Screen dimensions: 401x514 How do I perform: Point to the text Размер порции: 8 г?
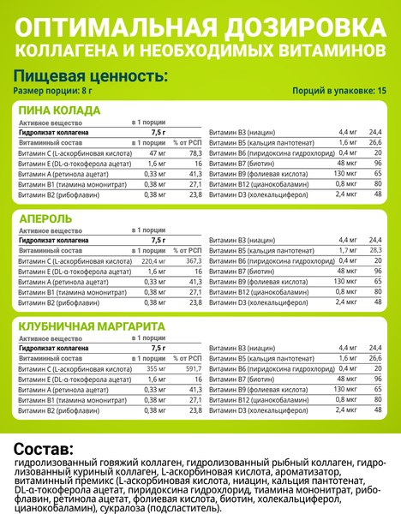point(51,90)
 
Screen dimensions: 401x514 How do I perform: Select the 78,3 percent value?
point(193,152)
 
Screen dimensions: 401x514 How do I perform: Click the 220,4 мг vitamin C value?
point(153,260)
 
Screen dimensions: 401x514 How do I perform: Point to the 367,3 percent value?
point(191,260)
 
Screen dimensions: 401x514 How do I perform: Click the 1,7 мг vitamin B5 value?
point(347,249)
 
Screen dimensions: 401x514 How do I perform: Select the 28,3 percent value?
point(374,249)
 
